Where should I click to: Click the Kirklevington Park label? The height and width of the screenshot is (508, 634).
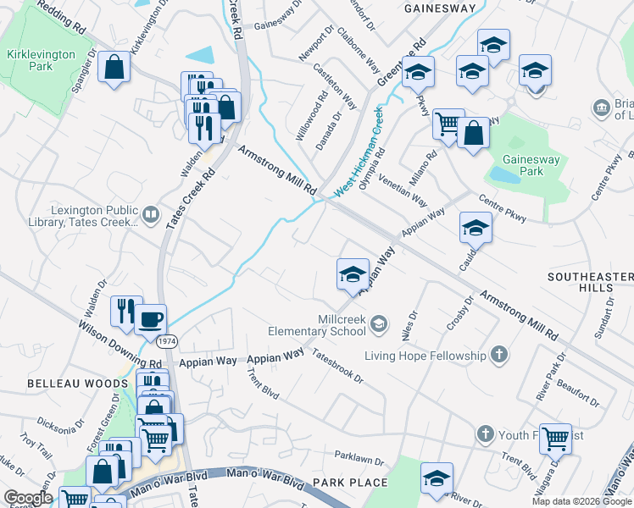coord(30,59)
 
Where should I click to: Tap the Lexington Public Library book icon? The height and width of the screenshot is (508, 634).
coord(151,215)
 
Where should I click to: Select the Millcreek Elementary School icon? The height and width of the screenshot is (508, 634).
coord(379,323)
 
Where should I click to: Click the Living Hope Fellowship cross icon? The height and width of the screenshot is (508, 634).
coord(499,355)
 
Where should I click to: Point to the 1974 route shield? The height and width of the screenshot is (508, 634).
coord(166,340)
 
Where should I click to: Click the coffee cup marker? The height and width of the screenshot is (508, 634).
coord(151,319)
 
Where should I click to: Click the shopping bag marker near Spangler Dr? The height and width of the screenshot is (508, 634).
coord(114,67)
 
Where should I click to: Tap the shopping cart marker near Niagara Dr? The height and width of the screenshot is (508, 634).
coord(555,439)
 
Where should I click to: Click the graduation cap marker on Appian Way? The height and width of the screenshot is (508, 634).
coord(353,274)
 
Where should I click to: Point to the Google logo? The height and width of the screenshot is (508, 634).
coord(27,498)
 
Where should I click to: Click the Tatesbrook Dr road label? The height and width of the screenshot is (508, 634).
coord(336,367)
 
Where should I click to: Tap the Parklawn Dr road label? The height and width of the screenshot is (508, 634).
coord(359,459)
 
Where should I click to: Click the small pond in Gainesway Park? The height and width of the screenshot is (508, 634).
coord(506,174)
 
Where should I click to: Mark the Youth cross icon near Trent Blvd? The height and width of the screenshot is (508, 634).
coord(485,433)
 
